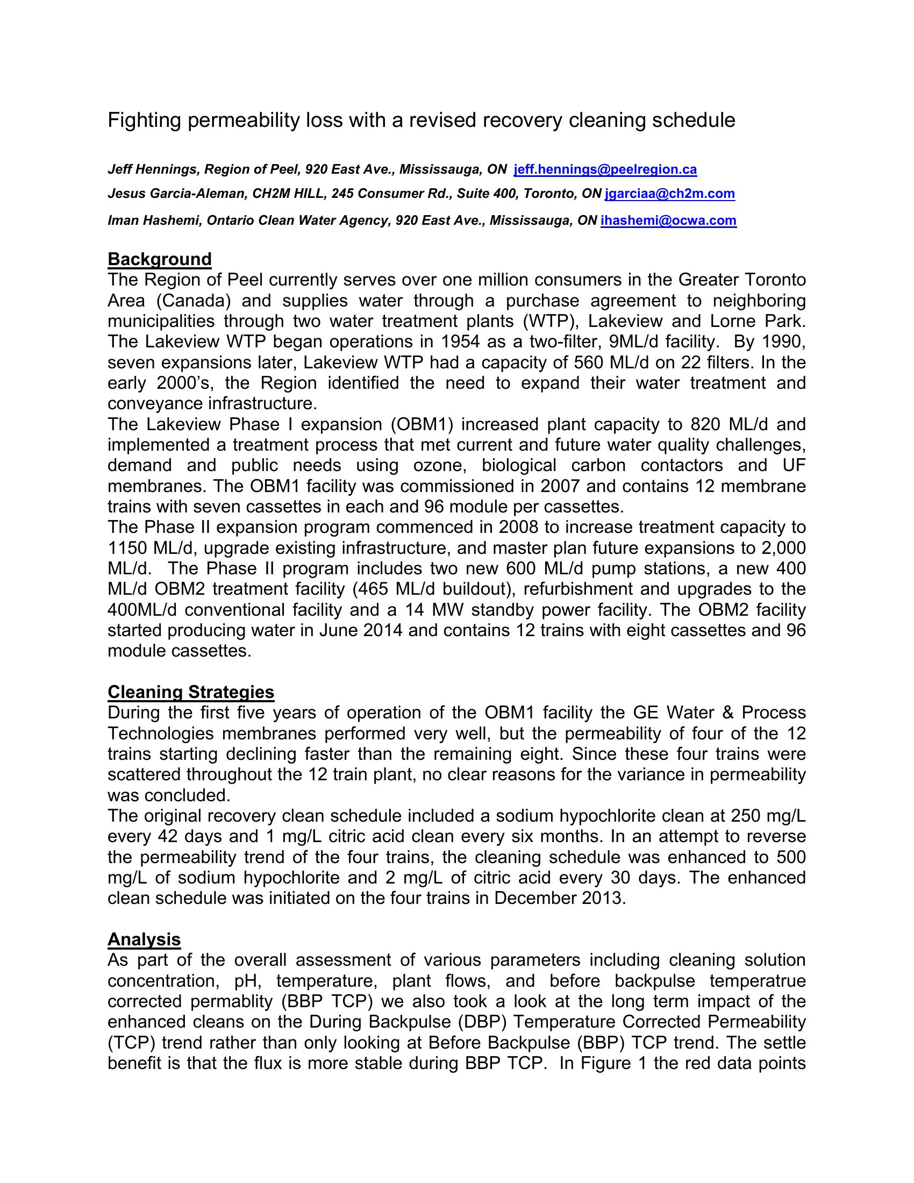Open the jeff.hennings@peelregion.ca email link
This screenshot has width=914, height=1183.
[605, 169]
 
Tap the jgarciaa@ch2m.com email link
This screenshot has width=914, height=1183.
[670, 194]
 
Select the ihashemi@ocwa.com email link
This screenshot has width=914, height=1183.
[668, 220]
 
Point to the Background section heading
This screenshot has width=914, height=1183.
[160, 259]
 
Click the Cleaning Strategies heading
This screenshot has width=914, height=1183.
[191, 692]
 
